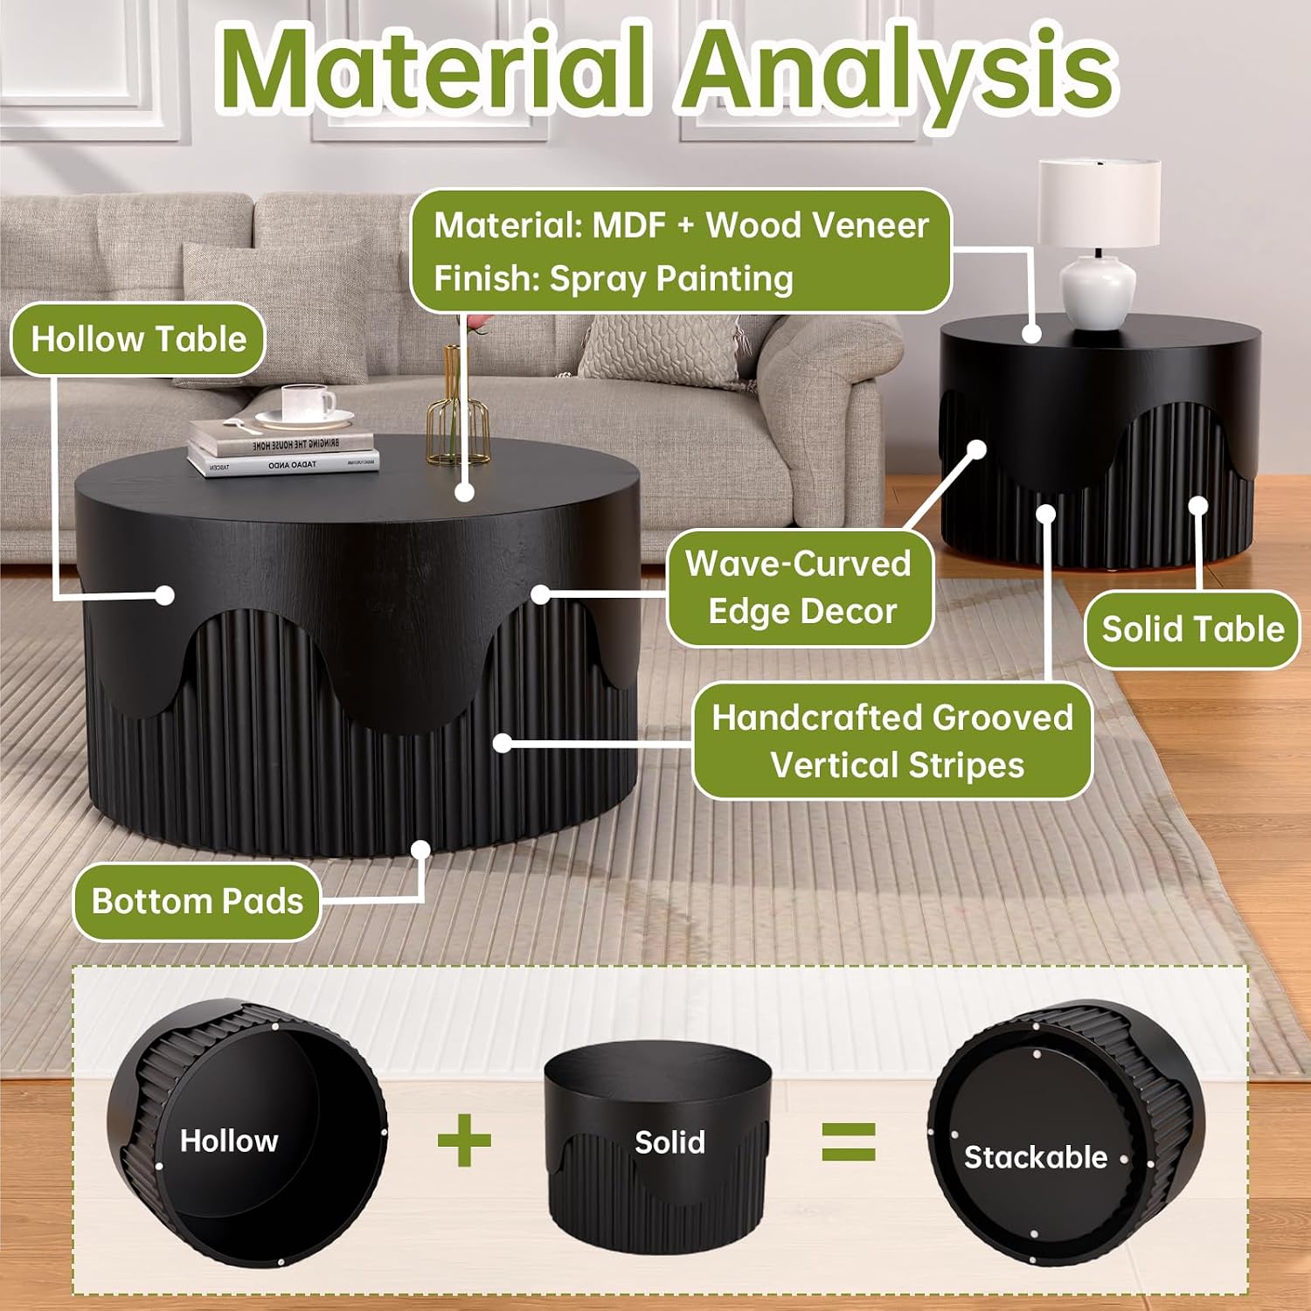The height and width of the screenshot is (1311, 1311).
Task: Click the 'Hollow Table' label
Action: click(x=138, y=339)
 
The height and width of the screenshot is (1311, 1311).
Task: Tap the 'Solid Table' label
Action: click(x=1192, y=629)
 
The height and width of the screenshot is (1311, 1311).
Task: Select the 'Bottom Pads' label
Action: click(x=197, y=901)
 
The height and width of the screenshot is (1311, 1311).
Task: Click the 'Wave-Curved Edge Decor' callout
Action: click(x=799, y=587)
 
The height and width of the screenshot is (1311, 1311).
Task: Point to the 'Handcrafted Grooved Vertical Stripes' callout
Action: click(x=892, y=741)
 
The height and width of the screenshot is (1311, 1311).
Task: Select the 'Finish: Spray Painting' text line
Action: click(x=614, y=279)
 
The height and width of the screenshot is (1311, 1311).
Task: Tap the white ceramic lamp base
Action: click(x=1098, y=290)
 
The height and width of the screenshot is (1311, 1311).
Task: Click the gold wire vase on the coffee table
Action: click(x=456, y=406)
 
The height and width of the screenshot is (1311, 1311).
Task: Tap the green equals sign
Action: click(x=849, y=1141)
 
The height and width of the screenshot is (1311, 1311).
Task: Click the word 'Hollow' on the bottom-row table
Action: click(x=229, y=1141)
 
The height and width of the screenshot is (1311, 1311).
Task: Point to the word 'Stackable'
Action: click(x=1036, y=1157)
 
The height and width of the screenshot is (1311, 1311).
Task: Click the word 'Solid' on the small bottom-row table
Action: click(x=669, y=1142)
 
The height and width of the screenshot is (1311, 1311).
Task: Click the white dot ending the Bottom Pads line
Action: click(x=421, y=850)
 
